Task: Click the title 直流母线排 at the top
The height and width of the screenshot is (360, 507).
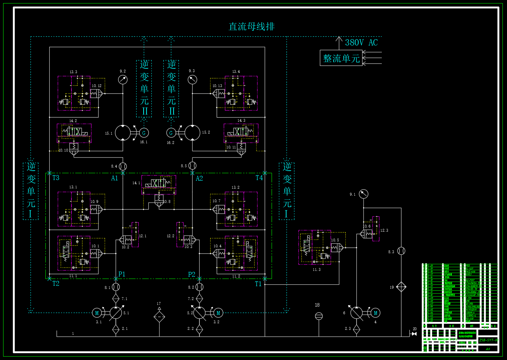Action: [x=251, y=27]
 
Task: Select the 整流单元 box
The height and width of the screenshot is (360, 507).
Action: [x=341, y=58]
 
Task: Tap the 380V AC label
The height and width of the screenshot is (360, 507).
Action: [x=361, y=43]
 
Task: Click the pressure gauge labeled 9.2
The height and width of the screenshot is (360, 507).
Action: [x=123, y=79]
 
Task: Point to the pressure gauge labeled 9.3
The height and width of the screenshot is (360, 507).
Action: [x=192, y=79]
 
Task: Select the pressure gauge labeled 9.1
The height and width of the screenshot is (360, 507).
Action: [x=363, y=194]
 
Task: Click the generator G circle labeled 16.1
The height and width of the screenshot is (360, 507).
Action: [x=144, y=133]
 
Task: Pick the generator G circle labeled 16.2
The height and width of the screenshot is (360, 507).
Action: [x=171, y=133]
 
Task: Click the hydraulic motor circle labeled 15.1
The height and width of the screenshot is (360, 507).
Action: [x=123, y=133]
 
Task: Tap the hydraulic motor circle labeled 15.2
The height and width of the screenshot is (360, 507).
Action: [x=192, y=133]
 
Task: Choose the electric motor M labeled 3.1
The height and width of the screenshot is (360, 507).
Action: [x=97, y=313]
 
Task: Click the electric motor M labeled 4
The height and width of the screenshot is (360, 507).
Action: [x=376, y=313]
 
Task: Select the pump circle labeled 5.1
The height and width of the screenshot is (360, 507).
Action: [x=116, y=313]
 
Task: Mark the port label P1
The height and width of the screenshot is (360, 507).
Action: [x=122, y=274]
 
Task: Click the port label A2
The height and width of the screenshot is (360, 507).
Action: [x=199, y=179]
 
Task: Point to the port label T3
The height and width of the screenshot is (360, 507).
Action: [x=56, y=178]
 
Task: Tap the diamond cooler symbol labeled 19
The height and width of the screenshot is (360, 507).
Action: [x=401, y=287]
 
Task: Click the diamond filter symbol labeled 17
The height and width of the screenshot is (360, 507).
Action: [x=159, y=316]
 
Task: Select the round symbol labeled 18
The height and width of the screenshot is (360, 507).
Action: [x=319, y=316]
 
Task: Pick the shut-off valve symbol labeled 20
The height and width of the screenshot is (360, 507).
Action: [x=414, y=334]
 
